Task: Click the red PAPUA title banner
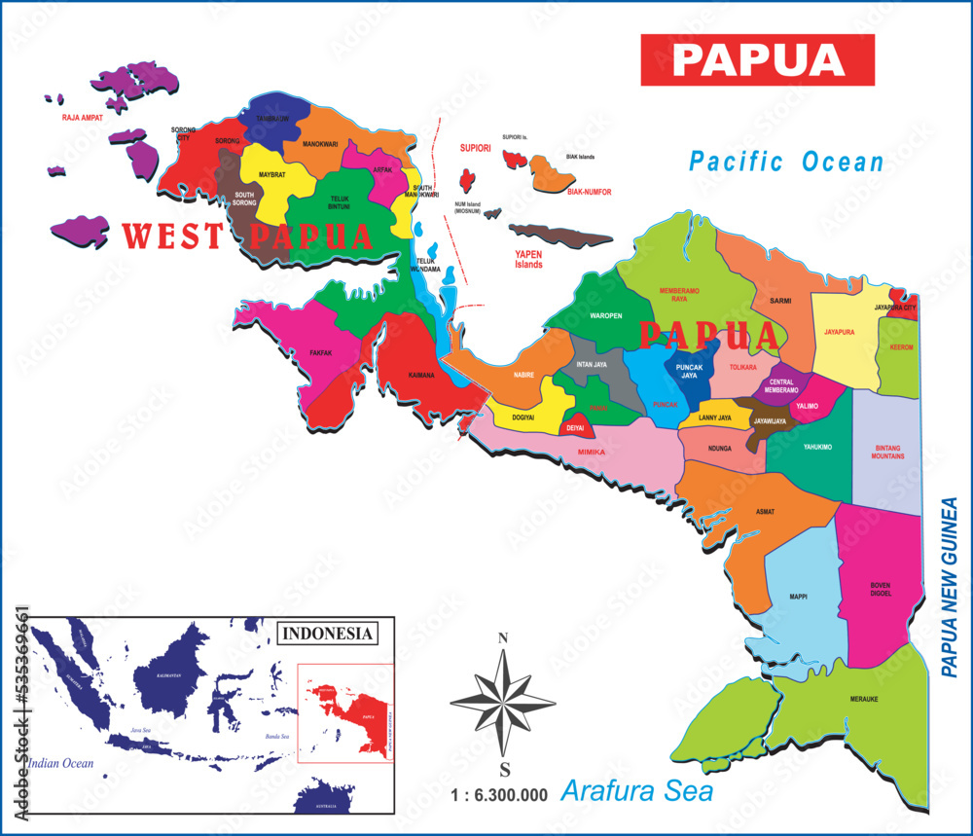click(x=758, y=59)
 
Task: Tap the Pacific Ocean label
click(x=786, y=162)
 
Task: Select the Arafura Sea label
click(x=637, y=790)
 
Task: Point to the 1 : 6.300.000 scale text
click(x=500, y=794)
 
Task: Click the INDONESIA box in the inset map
click(x=328, y=634)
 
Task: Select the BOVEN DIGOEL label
click(x=880, y=590)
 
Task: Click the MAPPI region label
click(x=799, y=597)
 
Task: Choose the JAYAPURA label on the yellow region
click(x=839, y=332)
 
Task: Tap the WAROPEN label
click(x=606, y=316)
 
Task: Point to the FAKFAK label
click(x=322, y=352)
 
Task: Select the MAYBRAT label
click(x=272, y=176)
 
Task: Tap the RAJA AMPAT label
click(x=83, y=117)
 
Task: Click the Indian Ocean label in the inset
click(x=60, y=763)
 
